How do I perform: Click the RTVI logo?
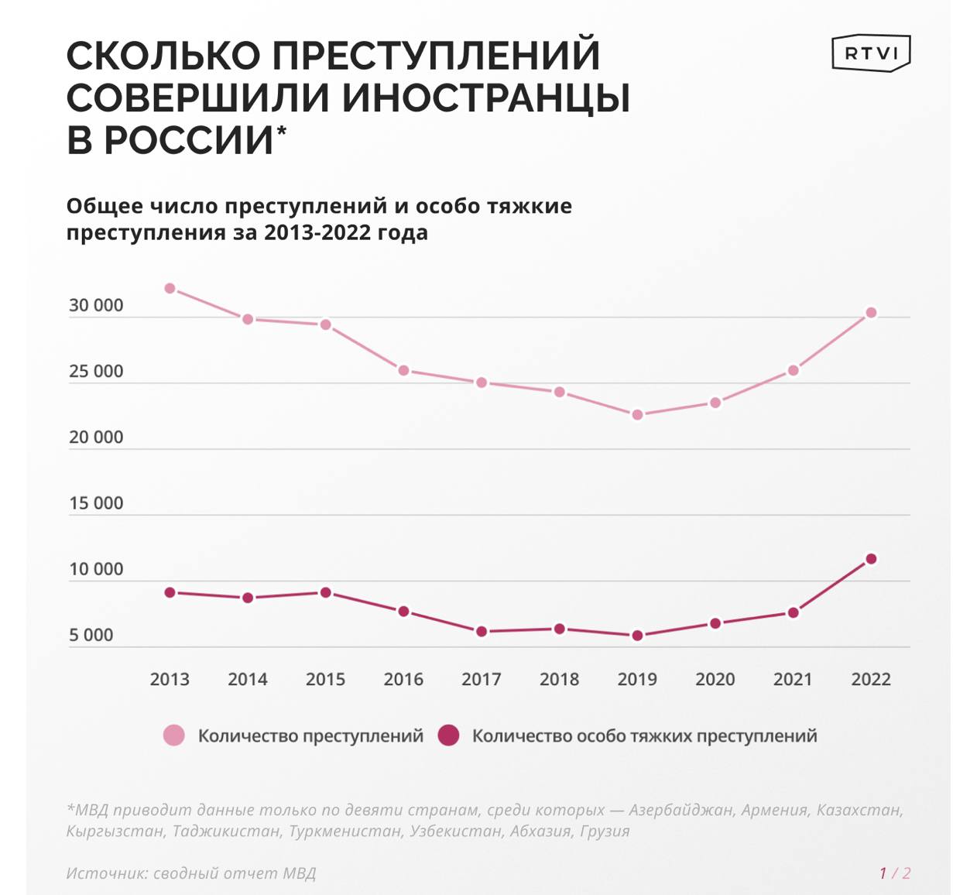871,53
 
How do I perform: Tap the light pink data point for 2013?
170,289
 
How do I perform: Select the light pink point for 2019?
637,415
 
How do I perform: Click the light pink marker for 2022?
871,313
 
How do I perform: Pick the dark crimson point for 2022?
871,559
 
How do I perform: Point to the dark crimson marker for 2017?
482,632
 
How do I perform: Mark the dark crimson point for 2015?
326,593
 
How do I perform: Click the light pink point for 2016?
403,371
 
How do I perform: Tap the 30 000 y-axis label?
96,306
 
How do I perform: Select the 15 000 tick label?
96,503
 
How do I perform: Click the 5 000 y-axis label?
91,636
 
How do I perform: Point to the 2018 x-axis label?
559,680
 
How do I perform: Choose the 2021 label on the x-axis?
793,680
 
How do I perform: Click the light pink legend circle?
174,736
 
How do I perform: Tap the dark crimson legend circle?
448,736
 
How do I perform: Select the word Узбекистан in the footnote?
457,832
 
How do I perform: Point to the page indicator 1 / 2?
894,873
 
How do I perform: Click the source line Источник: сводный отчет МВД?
191,873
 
